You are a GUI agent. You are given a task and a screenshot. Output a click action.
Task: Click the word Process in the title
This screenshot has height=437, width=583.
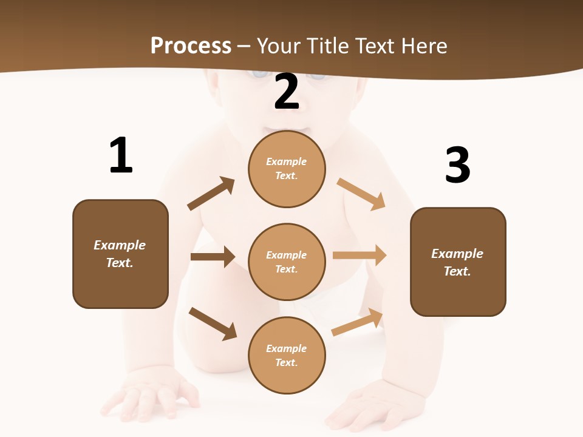[x=191, y=46]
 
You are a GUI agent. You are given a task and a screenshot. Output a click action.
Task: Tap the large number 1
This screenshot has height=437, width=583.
[x=121, y=155]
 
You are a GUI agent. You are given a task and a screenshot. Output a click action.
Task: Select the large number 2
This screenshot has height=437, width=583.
[x=287, y=92]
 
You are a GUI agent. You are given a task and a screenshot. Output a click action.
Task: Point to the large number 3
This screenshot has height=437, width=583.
[x=458, y=165]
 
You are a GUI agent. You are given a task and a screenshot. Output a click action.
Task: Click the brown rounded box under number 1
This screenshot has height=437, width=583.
[x=120, y=254]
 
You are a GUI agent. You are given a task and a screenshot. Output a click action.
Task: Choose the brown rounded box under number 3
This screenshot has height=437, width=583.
[x=458, y=262]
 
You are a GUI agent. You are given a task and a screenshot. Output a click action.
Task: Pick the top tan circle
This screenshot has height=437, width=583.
[x=287, y=169]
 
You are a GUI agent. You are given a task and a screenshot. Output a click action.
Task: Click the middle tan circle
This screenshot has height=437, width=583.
[x=287, y=262]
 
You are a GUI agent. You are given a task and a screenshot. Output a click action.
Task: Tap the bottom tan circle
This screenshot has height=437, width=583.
[x=287, y=356]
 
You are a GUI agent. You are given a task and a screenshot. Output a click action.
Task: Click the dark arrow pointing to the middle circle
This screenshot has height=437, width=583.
[x=213, y=257]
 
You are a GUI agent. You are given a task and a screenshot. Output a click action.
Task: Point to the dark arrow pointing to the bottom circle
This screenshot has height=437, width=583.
[x=213, y=324]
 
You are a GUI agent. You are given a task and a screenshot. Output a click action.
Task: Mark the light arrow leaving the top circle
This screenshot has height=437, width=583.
[x=361, y=194]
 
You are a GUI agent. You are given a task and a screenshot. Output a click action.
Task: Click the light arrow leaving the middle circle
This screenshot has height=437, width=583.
[x=360, y=256]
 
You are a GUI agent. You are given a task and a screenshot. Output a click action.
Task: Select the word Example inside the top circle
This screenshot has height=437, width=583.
[x=287, y=162]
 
